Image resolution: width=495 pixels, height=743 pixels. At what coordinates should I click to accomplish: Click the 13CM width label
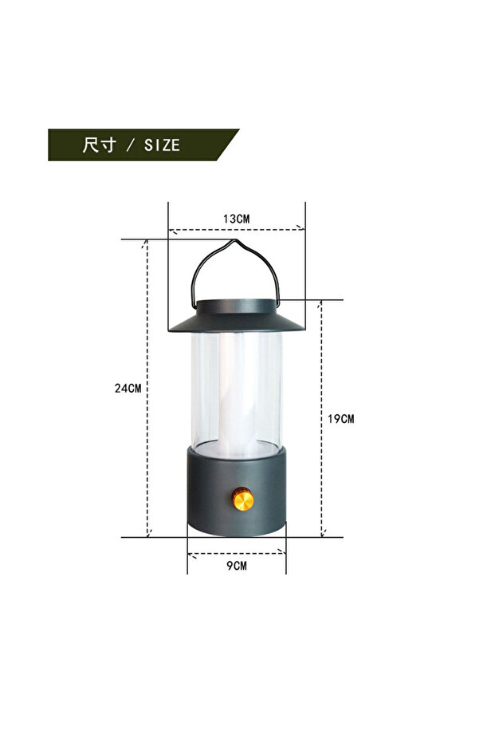point(236,219)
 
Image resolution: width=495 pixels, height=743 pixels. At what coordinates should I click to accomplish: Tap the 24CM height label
point(128,388)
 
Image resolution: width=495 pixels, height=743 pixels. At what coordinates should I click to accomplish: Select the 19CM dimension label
point(340,419)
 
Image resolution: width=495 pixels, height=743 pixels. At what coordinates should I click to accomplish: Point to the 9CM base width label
point(237,565)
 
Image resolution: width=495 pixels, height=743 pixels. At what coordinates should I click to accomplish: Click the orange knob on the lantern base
point(242,500)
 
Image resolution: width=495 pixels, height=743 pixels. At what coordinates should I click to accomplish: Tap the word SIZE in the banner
point(162,145)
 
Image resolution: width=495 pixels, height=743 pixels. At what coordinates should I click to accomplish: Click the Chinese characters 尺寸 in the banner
point(100,144)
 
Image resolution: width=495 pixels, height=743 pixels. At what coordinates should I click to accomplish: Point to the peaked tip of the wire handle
point(234,240)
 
